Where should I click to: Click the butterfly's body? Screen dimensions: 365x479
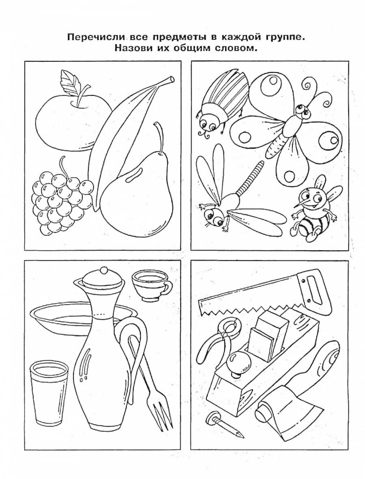[284, 128]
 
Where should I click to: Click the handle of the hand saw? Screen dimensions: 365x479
[315, 287]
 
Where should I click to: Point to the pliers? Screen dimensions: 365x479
[219, 339]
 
